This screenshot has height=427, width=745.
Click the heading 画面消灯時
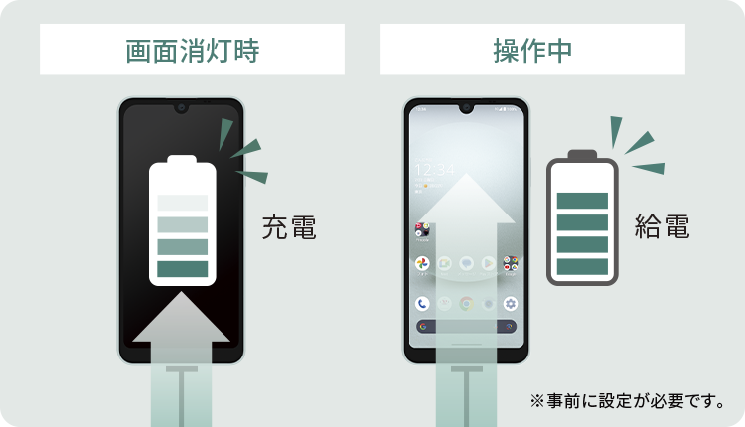click(193, 50)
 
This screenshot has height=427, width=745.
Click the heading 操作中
click(532, 50)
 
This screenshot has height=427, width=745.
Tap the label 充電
click(289, 227)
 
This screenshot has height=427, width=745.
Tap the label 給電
click(661, 227)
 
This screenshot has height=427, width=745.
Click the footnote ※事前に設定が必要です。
click(628, 401)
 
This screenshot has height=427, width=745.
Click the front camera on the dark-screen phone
click(181, 106)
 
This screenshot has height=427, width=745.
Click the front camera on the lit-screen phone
click(466, 106)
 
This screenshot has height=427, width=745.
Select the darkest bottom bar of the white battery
click(182, 268)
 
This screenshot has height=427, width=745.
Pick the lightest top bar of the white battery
click(182, 203)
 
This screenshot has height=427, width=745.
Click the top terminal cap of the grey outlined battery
click(582, 154)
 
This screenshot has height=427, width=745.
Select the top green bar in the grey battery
click(582, 201)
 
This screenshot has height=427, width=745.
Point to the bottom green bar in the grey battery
click(582, 266)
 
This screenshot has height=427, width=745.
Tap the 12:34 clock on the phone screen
click(433, 169)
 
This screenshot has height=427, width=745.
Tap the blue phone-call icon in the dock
click(422, 304)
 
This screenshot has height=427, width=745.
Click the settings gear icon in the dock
click(511, 304)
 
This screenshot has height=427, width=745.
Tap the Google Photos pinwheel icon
click(422, 263)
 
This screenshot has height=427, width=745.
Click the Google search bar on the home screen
click(466, 326)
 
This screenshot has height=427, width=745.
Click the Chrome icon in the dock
click(466, 304)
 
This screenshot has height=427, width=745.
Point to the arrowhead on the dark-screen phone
click(182, 318)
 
